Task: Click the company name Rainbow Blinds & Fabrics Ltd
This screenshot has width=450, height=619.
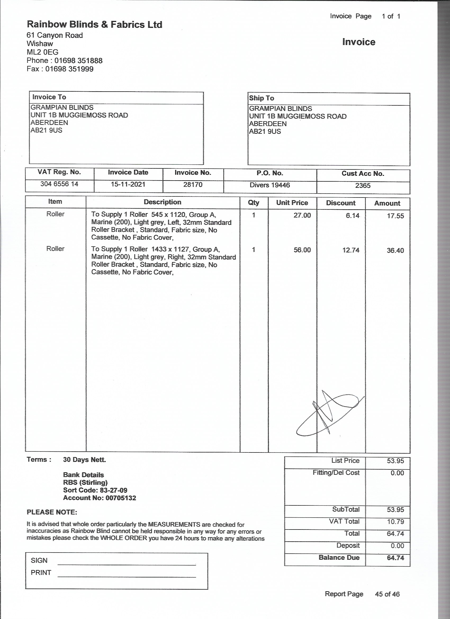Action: pos(94,25)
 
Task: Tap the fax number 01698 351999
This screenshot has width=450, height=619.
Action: pos(69,69)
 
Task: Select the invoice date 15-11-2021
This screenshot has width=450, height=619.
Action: pos(128,185)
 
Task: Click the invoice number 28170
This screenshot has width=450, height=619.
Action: pos(193,185)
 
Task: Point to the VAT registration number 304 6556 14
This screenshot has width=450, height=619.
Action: pos(59,184)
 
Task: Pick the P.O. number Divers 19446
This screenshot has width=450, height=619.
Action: pos(270,185)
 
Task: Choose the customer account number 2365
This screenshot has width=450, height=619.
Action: pos(363,186)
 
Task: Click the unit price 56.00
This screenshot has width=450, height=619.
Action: pos(302,250)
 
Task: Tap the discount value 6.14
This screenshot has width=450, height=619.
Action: pos(353,216)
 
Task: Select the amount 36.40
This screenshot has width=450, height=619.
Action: pos(395,250)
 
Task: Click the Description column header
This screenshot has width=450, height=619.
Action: pos(162,202)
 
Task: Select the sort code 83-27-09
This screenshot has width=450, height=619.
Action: pos(114,490)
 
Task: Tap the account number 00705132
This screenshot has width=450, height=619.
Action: pos(121,498)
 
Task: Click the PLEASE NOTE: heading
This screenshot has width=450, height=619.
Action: pos(52,512)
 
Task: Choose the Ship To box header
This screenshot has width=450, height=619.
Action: pos(262,98)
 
